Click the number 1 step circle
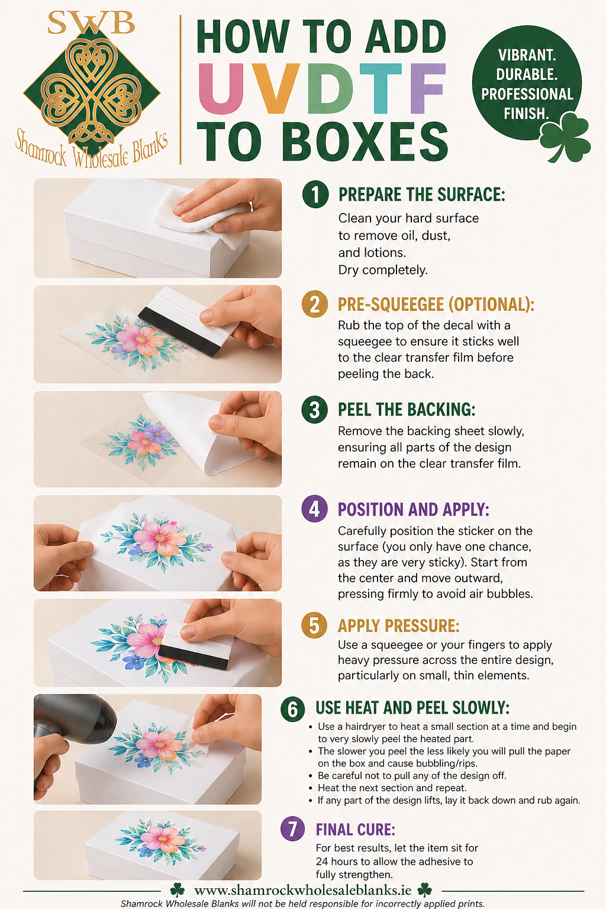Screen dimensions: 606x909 (x=315, y=194)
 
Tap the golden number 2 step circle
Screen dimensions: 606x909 (x=315, y=304)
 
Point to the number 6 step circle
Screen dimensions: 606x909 (x=293, y=709)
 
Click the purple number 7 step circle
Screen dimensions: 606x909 (x=293, y=829)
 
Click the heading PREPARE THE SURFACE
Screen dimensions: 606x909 (x=422, y=195)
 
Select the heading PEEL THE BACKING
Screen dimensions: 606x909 (x=407, y=410)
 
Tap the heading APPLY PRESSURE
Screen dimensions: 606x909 (x=399, y=626)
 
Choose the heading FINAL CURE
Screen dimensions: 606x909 (x=355, y=830)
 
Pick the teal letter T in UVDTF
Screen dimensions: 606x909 (x=381, y=88)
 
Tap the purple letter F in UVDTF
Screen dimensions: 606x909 (x=427, y=88)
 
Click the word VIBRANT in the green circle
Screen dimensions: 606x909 (x=527, y=55)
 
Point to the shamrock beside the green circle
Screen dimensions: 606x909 (x=565, y=136)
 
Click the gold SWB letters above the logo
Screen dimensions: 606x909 (x=91, y=22)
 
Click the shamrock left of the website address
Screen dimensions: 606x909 (x=178, y=890)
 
